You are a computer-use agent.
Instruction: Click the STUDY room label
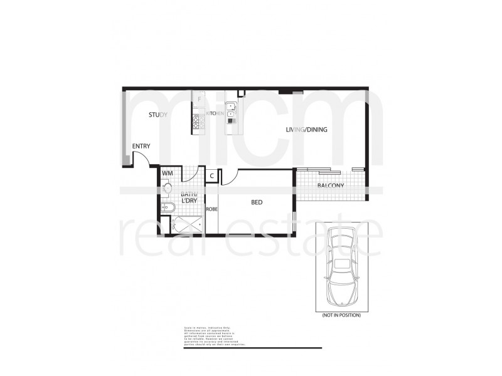click(x=158, y=115)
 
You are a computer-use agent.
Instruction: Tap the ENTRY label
click(x=141, y=147)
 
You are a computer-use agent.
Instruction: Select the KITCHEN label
click(x=215, y=113)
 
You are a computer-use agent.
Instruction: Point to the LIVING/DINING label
click(x=307, y=130)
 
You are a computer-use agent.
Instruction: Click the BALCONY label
click(x=329, y=185)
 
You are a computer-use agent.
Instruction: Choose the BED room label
click(x=257, y=202)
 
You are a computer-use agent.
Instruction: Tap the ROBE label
click(x=212, y=209)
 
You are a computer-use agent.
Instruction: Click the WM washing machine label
click(x=168, y=174)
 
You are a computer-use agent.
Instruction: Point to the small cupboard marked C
click(x=212, y=176)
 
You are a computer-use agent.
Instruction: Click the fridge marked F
click(x=199, y=100)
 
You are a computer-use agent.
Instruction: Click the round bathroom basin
click(x=167, y=187)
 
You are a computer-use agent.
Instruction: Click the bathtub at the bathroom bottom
click(x=186, y=223)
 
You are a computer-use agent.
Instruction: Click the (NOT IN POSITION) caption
click(x=341, y=315)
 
